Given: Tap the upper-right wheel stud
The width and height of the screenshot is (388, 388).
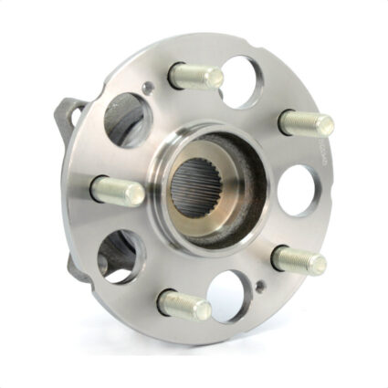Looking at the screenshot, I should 306,121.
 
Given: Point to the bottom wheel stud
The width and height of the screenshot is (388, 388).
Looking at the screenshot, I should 184,305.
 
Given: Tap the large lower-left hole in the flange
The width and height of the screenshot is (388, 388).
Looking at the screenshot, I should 119,253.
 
